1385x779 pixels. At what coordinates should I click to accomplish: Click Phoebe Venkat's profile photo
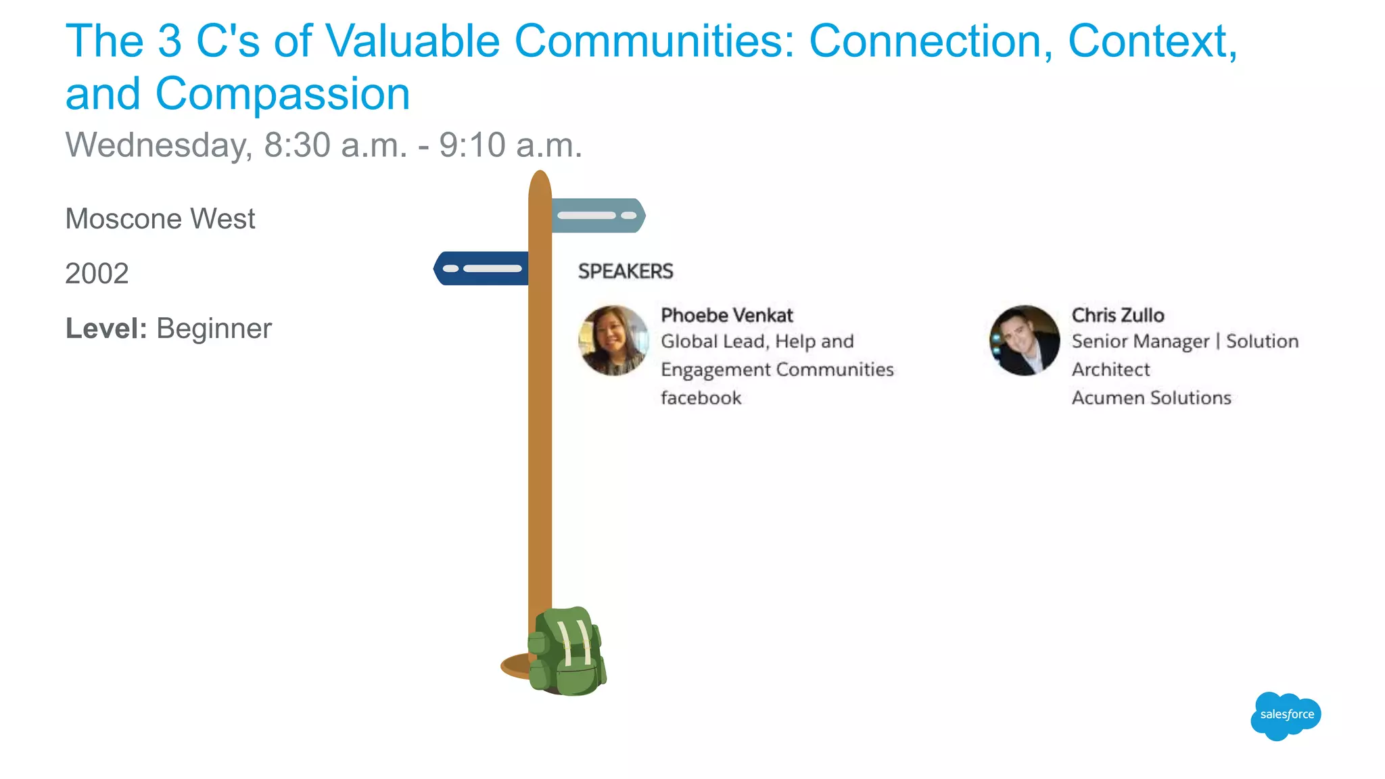(x=613, y=340)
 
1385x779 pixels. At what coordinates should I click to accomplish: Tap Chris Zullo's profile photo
(x=1024, y=340)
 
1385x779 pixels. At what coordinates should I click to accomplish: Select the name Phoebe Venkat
(x=726, y=315)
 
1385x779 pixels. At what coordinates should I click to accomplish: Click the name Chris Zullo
(x=1117, y=315)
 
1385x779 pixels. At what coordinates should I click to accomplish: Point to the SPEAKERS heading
(x=625, y=271)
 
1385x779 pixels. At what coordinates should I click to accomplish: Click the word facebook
(x=701, y=398)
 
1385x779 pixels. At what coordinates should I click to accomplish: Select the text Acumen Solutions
(x=1151, y=398)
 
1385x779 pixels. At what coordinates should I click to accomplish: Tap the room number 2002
(x=97, y=274)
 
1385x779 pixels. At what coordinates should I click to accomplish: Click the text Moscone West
(x=160, y=219)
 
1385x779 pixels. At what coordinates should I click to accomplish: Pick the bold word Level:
(x=106, y=329)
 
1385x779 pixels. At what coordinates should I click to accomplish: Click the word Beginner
(x=214, y=329)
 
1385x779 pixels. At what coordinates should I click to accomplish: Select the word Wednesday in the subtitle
(x=159, y=145)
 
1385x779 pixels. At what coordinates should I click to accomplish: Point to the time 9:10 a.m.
(x=510, y=145)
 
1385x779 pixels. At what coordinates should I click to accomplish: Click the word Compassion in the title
(x=283, y=93)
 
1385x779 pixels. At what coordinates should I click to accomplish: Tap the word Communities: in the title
(x=654, y=41)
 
